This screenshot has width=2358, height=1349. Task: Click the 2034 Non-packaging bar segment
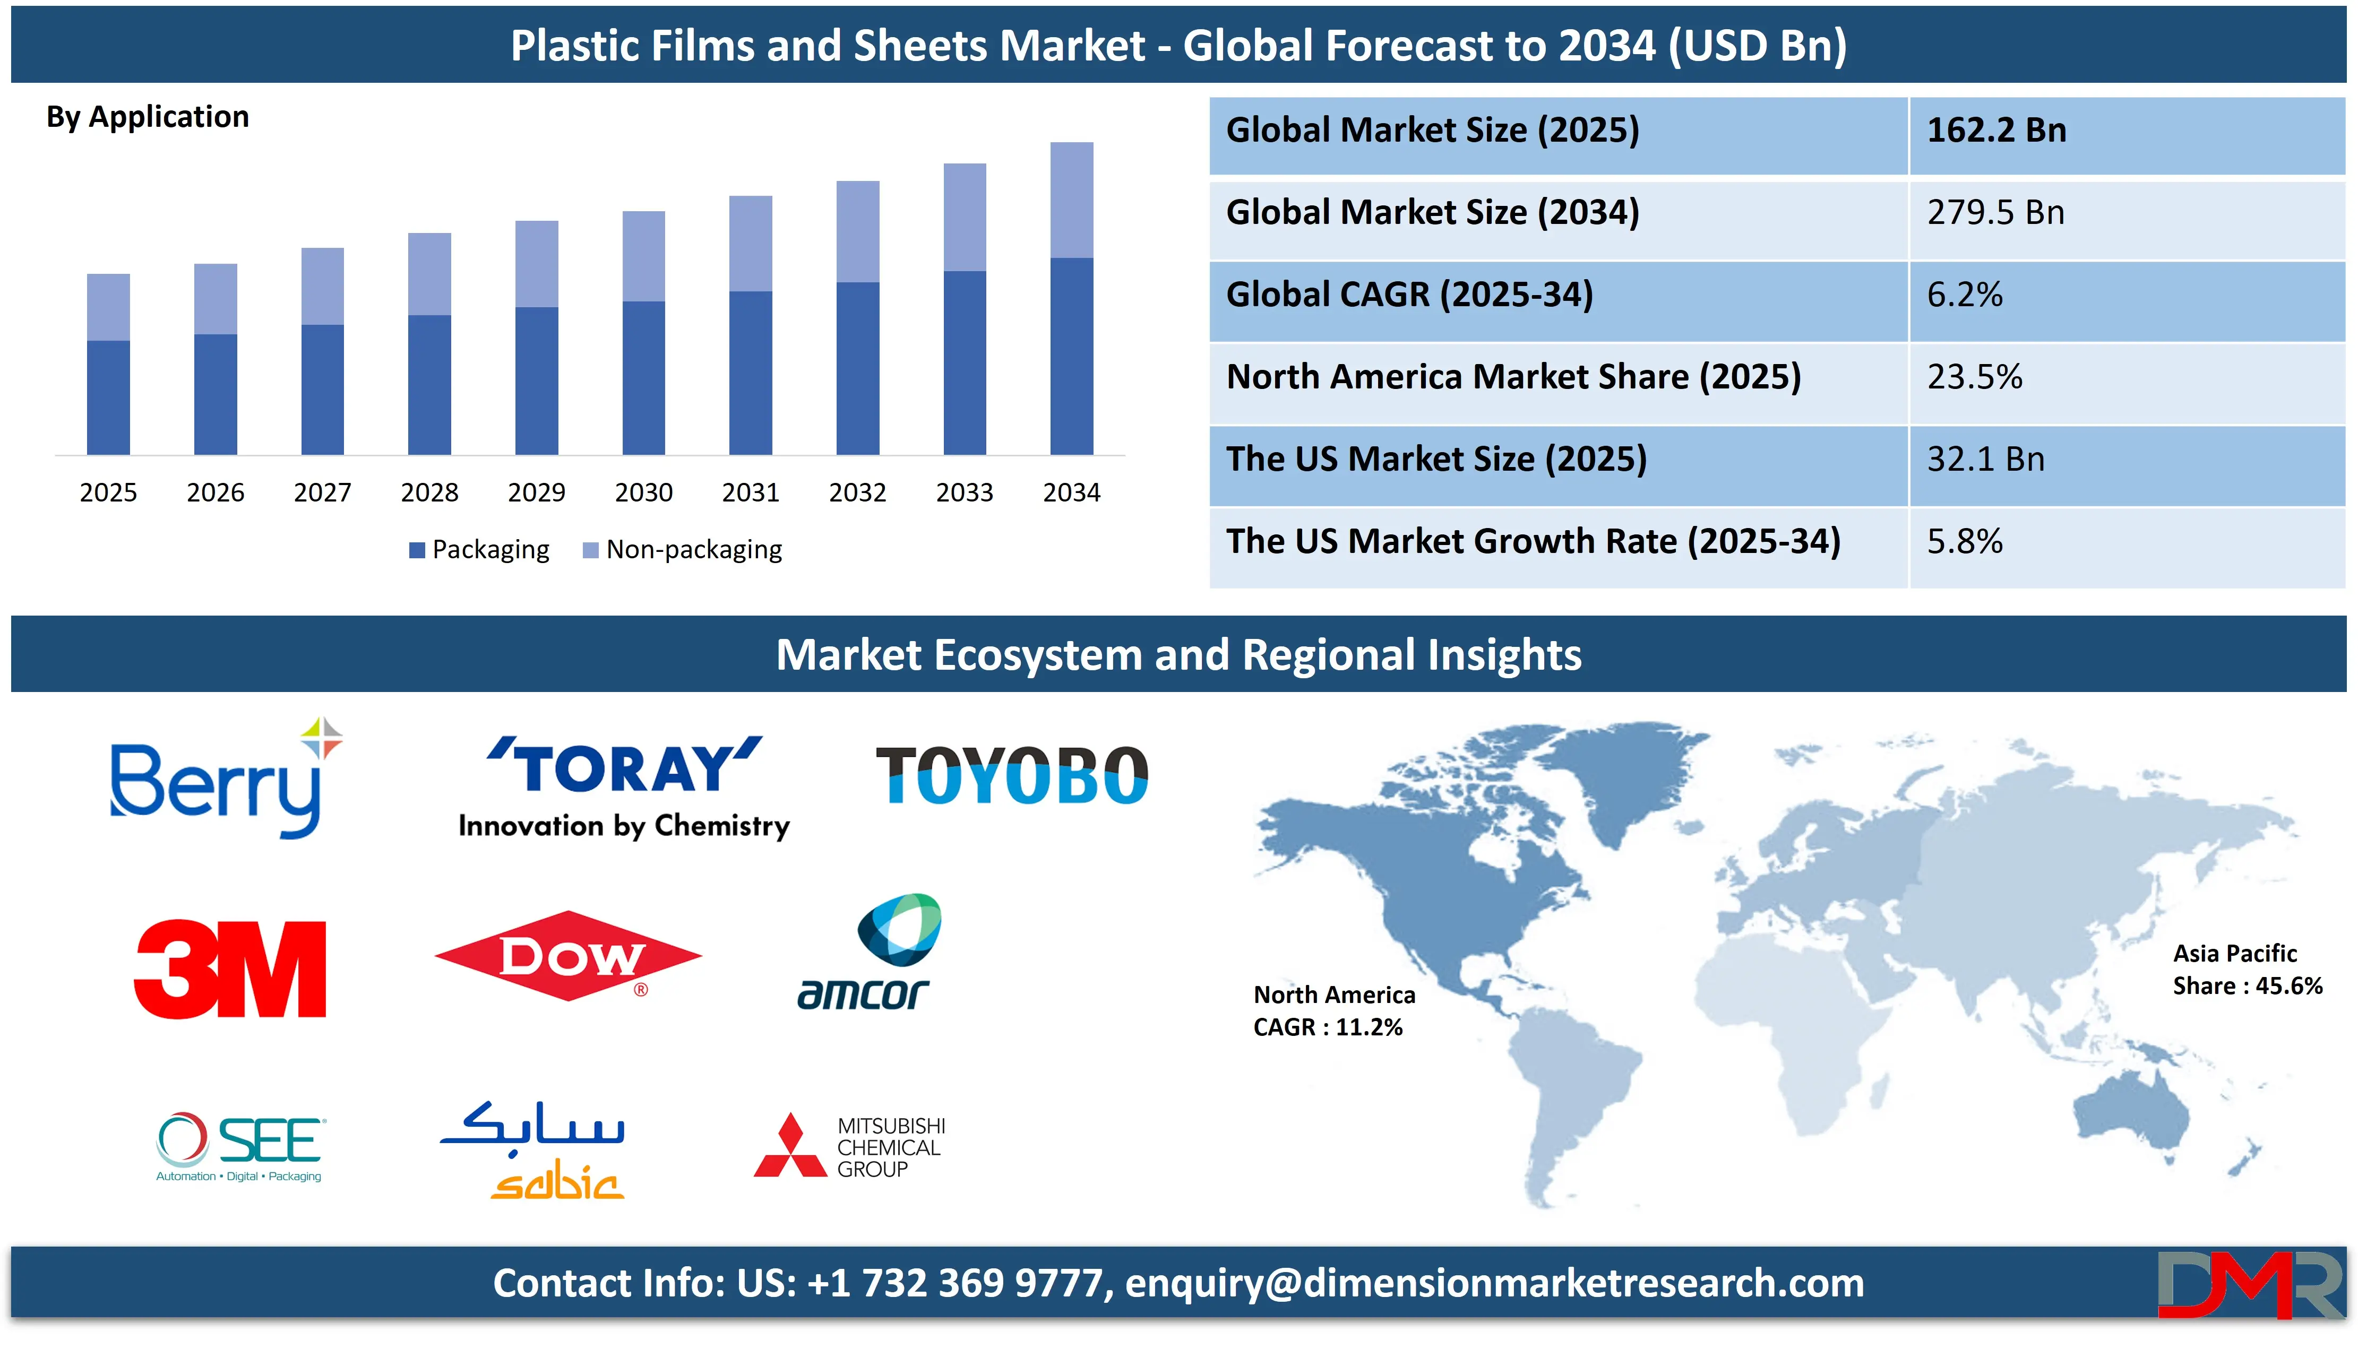coord(1071,200)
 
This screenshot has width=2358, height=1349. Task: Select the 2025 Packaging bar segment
coord(108,397)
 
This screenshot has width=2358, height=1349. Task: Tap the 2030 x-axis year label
coord(644,492)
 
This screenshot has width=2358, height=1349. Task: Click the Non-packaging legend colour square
coord(590,550)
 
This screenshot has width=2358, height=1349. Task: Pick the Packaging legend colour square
coord(417,550)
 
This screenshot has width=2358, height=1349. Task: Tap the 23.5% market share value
coord(1974,377)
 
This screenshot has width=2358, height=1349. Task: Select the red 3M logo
coord(230,969)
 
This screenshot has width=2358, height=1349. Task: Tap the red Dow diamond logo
coord(568,956)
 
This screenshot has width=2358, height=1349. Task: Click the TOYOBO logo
coord(1012,775)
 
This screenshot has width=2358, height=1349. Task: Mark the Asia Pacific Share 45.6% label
coord(2248,969)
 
